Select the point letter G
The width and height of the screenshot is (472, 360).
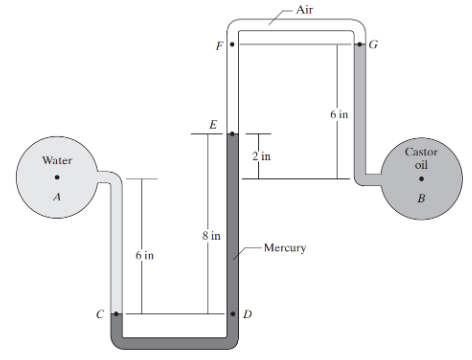tap(374, 44)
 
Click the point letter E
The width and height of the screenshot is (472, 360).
tap(213, 122)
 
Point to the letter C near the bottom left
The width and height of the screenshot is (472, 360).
tap(99, 314)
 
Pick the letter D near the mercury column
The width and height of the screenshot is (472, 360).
tap(247, 314)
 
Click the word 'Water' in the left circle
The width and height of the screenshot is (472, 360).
tap(56, 160)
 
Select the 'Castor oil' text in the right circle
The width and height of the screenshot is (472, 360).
tap(421, 158)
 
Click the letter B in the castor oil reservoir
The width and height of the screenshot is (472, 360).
tap(421, 198)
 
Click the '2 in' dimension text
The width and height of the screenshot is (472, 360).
tap(262, 157)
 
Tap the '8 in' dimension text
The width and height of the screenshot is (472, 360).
tap(208, 235)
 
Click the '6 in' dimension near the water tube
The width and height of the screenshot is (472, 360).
tap(144, 256)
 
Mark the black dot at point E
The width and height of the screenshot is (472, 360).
tap(231, 133)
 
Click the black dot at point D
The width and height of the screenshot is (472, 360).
tap(232, 314)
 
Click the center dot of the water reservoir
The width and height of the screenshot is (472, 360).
tap(57, 179)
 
